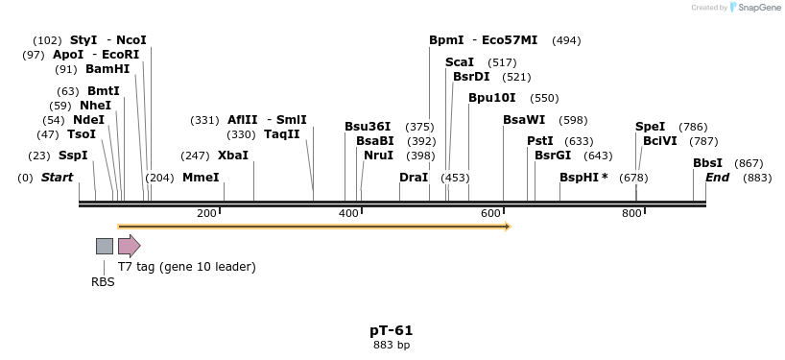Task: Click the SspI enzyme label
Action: click(x=73, y=156)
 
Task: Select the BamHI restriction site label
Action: click(x=107, y=69)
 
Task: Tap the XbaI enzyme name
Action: click(x=233, y=156)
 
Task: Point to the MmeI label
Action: click(x=201, y=178)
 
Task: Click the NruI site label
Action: click(x=378, y=156)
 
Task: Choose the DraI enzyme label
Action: click(x=414, y=178)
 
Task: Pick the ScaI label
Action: click(x=460, y=62)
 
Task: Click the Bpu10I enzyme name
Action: click(x=492, y=98)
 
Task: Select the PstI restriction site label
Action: click(x=540, y=141)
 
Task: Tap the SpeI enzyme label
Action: click(x=650, y=127)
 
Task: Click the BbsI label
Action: click(x=708, y=163)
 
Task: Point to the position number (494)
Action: click(x=566, y=40)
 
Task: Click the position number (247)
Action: click(x=195, y=156)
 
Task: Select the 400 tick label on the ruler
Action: click(x=348, y=213)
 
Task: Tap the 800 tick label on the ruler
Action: click(x=631, y=213)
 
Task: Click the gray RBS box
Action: click(x=105, y=246)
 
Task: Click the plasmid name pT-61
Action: click(x=392, y=330)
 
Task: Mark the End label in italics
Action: click(x=718, y=178)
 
